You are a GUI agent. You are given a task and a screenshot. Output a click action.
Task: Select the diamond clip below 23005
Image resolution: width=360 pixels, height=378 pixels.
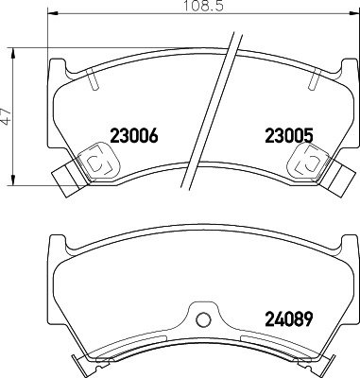[302, 163]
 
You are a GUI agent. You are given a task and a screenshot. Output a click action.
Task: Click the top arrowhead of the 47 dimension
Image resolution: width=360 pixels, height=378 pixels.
[15, 48]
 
